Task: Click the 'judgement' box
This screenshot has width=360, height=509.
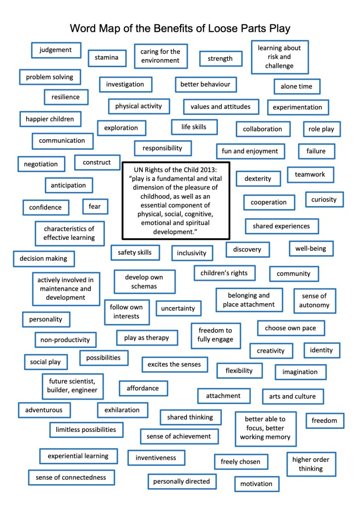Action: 56,50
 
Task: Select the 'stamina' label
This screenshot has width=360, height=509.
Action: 106,58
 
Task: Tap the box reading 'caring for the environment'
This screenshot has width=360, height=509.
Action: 160,56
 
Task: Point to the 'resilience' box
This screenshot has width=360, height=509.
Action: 66,97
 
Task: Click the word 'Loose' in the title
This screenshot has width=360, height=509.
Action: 227,28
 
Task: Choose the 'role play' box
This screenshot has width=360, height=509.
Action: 321,129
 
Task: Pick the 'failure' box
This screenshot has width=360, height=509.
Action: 316,151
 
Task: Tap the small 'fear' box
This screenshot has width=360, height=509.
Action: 95,206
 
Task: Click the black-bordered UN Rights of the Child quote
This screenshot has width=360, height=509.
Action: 176,200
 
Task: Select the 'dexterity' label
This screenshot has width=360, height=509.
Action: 258,179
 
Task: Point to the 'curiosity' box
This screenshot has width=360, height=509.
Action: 324,200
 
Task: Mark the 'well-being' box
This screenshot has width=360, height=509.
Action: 311,248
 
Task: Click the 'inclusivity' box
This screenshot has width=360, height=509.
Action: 191,253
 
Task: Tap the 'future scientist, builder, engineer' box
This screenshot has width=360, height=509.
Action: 73,386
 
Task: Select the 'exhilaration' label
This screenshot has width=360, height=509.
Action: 122,410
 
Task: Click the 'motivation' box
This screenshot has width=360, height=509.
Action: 256,484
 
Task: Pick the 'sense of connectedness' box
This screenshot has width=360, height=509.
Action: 71,478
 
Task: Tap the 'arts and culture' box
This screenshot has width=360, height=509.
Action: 295,397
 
